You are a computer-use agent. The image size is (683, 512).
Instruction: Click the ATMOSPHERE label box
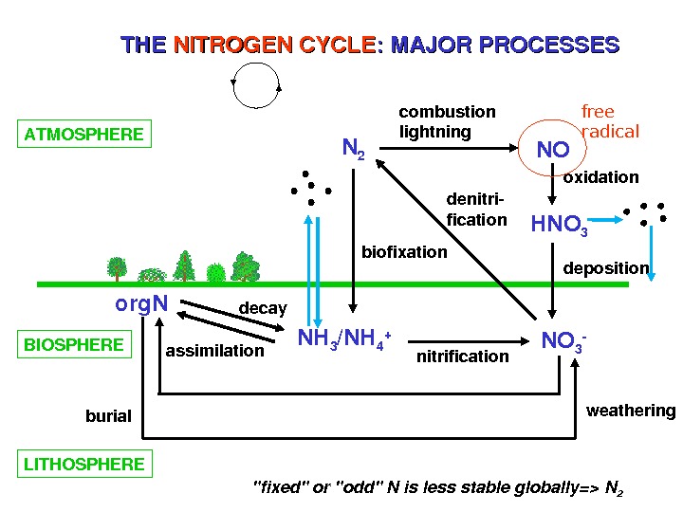[84, 135]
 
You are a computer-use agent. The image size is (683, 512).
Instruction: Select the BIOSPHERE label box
[74, 344]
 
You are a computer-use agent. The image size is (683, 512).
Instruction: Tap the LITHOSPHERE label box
[84, 464]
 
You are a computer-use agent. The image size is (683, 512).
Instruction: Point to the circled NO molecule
[553, 150]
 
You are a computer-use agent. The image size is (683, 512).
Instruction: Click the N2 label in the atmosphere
[353, 149]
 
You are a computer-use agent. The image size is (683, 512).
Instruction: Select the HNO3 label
[559, 225]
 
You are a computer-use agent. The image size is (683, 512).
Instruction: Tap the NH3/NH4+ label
[344, 338]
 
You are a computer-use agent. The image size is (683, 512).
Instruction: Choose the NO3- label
[563, 340]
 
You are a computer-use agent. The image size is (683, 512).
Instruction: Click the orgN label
[141, 304]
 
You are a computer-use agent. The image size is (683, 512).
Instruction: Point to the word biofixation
[404, 251]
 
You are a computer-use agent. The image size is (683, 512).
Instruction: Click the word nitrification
[463, 356]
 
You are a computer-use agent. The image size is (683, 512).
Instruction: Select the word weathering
[631, 411]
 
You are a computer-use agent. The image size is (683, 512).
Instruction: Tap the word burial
[108, 416]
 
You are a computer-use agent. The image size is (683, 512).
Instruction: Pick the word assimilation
[215, 351]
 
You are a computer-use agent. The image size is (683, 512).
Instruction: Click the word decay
[263, 308]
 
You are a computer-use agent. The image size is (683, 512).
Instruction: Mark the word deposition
[606, 268]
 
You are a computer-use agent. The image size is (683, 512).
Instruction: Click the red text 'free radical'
[609, 121]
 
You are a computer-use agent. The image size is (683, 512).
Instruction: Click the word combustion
[447, 112]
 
